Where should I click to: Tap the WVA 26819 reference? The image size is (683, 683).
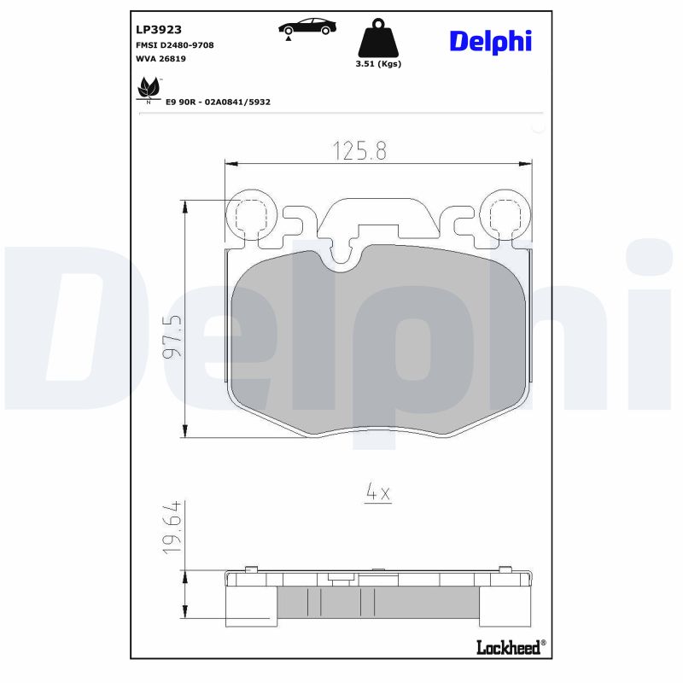tap(161, 59)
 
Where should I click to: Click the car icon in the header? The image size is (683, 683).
tap(306, 27)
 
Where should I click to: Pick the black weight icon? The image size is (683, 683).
tap(377, 38)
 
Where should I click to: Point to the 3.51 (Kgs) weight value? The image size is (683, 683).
tap(377, 64)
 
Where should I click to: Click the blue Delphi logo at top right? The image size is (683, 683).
tap(490, 40)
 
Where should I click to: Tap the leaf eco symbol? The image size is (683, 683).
tap(149, 87)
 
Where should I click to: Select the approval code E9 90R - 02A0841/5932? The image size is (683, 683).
tap(219, 102)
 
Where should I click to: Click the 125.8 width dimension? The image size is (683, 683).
tap(359, 151)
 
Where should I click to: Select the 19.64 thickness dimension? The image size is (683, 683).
tap(172, 530)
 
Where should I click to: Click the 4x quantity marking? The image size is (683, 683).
tap(377, 493)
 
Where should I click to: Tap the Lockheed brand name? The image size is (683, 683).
tap(510, 648)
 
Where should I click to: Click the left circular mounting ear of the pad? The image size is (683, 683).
tap(250, 213)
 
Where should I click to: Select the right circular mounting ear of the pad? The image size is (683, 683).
tap(505, 213)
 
